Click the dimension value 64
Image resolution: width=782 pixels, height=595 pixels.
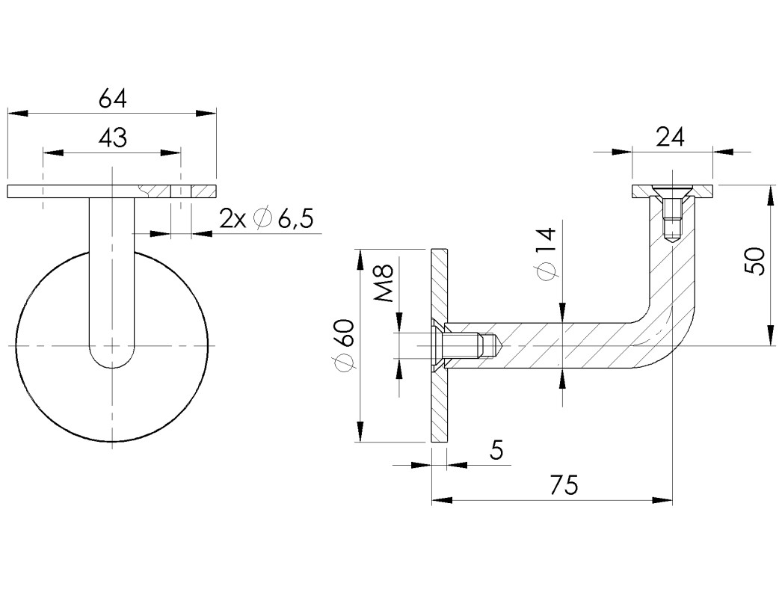[112, 98]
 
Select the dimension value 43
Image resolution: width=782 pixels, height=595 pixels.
[112, 138]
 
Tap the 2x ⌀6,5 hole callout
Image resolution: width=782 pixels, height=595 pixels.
[265, 219]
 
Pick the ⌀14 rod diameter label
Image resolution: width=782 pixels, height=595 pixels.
[547, 254]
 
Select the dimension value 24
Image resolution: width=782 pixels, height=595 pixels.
[671, 137]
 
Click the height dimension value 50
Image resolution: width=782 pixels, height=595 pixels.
[757, 261]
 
